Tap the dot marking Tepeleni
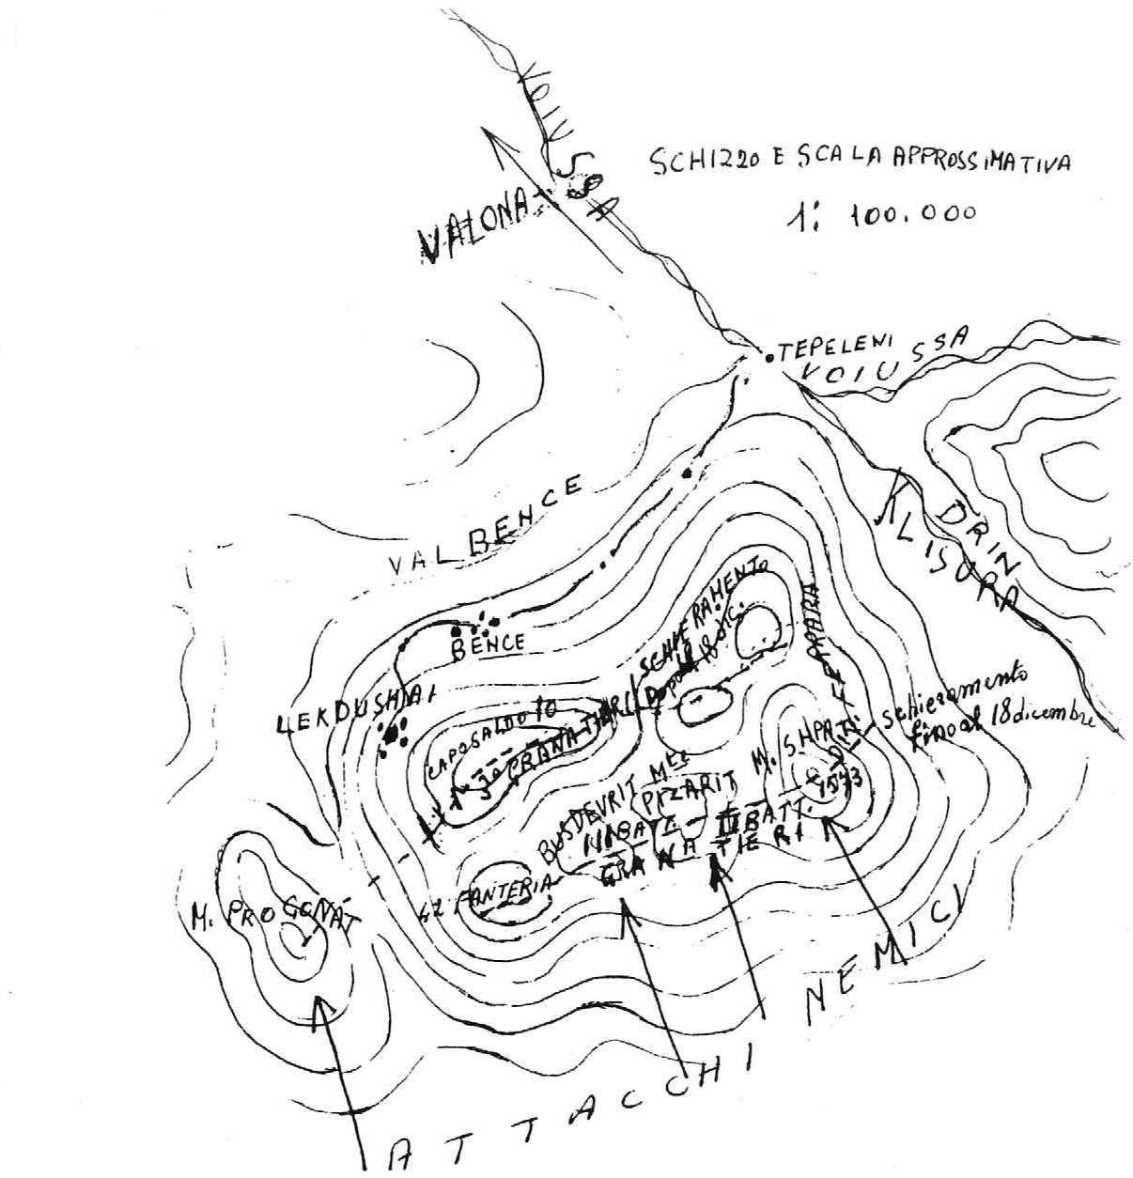tap(769, 358)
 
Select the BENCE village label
tap(488, 644)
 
